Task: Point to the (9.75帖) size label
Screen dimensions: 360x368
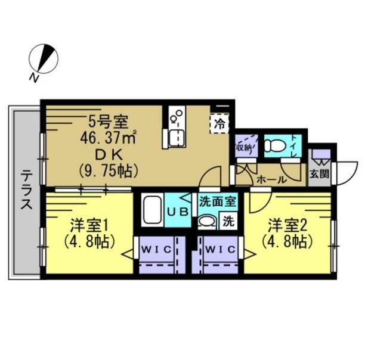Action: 109,170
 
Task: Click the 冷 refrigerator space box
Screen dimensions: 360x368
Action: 219,124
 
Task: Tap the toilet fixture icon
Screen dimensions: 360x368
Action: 276,145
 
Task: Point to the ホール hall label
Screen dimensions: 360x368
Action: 268,178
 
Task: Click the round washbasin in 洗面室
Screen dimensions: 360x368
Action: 206,222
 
